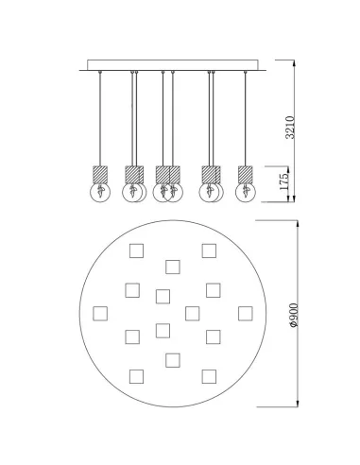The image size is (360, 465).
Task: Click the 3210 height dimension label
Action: (x=290, y=128)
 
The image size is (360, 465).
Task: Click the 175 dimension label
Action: (x=283, y=181)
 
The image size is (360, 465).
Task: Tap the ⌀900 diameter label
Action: (x=293, y=315)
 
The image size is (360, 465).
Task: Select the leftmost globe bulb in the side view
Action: (x=100, y=192)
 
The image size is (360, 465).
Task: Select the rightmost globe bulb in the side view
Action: (x=246, y=192)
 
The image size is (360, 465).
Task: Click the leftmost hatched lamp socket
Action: (x=100, y=175)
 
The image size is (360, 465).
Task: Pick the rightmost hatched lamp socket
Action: (x=246, y=175)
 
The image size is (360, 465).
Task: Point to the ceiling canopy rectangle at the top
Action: (x=173, y=65)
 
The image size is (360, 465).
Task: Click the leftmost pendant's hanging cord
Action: (x=100, y=119)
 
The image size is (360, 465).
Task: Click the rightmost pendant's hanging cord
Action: (x=246, y=119)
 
